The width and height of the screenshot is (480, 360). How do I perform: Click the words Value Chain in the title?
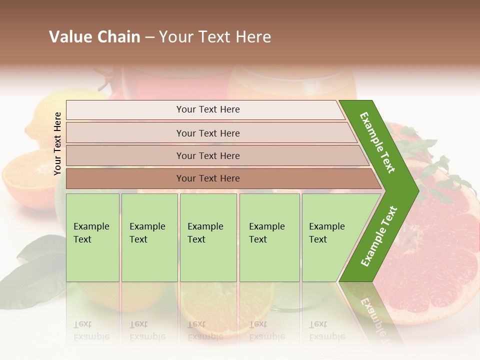(x=94, y=37)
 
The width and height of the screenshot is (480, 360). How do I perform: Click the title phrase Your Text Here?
(x=215, y=37)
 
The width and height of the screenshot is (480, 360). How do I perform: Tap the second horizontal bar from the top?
(x=208, y=133)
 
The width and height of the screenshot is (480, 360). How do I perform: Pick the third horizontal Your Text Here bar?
(x=208, y=155)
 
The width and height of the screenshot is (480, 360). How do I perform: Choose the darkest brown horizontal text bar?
(x=208, y=178)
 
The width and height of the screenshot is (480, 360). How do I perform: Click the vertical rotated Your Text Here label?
(x=57, y=143)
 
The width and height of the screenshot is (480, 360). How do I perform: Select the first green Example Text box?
(x=92, y=237)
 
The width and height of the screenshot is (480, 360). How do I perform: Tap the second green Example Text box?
(x=149, y=237)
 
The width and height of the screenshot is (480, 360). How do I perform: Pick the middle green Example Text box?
(x=208, y=237)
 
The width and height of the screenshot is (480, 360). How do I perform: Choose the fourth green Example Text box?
(x=269, y=237)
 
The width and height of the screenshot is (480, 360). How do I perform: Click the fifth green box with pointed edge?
(x=330, y=237)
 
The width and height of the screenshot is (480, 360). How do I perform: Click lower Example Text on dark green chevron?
(x=379, y=236)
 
